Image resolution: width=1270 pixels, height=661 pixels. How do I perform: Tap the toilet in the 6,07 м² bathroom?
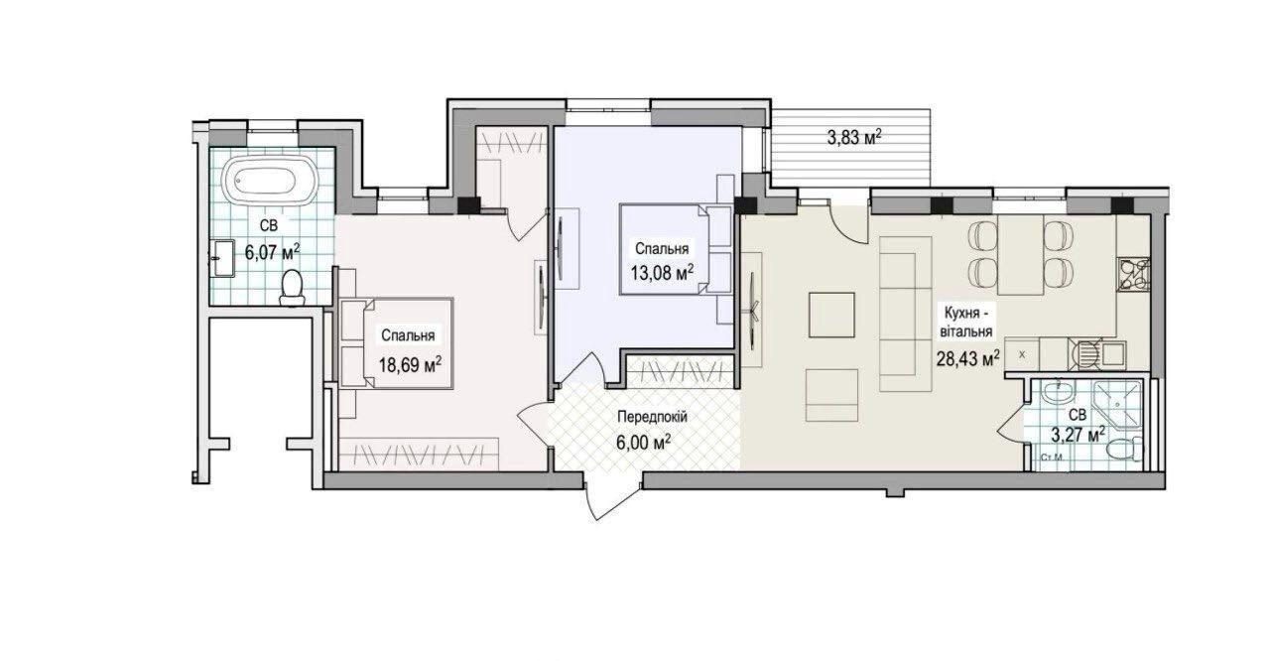(292, 288)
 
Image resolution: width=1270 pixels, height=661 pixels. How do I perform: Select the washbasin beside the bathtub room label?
(222, 258)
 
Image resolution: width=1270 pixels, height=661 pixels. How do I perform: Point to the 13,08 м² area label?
(663, 273)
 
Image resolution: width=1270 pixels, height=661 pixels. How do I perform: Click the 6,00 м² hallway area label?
(644, 442)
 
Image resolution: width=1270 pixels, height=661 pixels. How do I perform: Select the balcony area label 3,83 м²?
(854, 138)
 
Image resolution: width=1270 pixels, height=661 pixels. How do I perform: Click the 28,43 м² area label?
(967, 358)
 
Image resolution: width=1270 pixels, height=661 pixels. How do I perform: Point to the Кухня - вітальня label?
(967, 322)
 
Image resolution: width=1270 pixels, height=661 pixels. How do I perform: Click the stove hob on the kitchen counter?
(1133, 274)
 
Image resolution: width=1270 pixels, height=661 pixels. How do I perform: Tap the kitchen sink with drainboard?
(1097, 354)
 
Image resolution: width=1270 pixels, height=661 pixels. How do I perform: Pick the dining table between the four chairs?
(1021, 254)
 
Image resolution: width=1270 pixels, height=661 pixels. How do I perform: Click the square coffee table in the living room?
(831, 315)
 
